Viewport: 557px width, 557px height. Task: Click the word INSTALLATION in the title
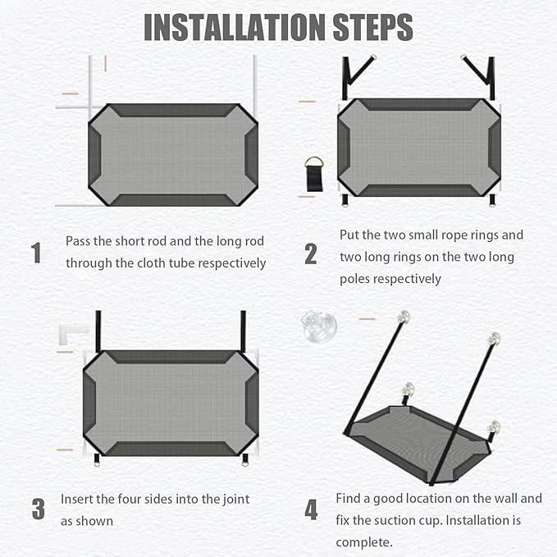click(235, 28)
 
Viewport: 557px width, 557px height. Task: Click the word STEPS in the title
click(373, 28)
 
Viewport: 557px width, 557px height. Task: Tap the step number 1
click(36, 253)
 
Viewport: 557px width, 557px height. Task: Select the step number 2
click(310, 254)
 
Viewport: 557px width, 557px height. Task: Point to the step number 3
click(39, 509)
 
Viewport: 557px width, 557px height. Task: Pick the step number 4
click(311, 509)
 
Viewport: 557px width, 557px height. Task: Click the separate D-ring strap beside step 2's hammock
click(314, 174)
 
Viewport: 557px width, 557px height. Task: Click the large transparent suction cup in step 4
click(319, 326)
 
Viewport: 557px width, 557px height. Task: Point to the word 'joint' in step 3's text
click(236, 500)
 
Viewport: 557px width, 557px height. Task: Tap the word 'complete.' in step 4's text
click(364, 543)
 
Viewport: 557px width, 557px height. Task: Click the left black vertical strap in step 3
click(98, 331)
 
